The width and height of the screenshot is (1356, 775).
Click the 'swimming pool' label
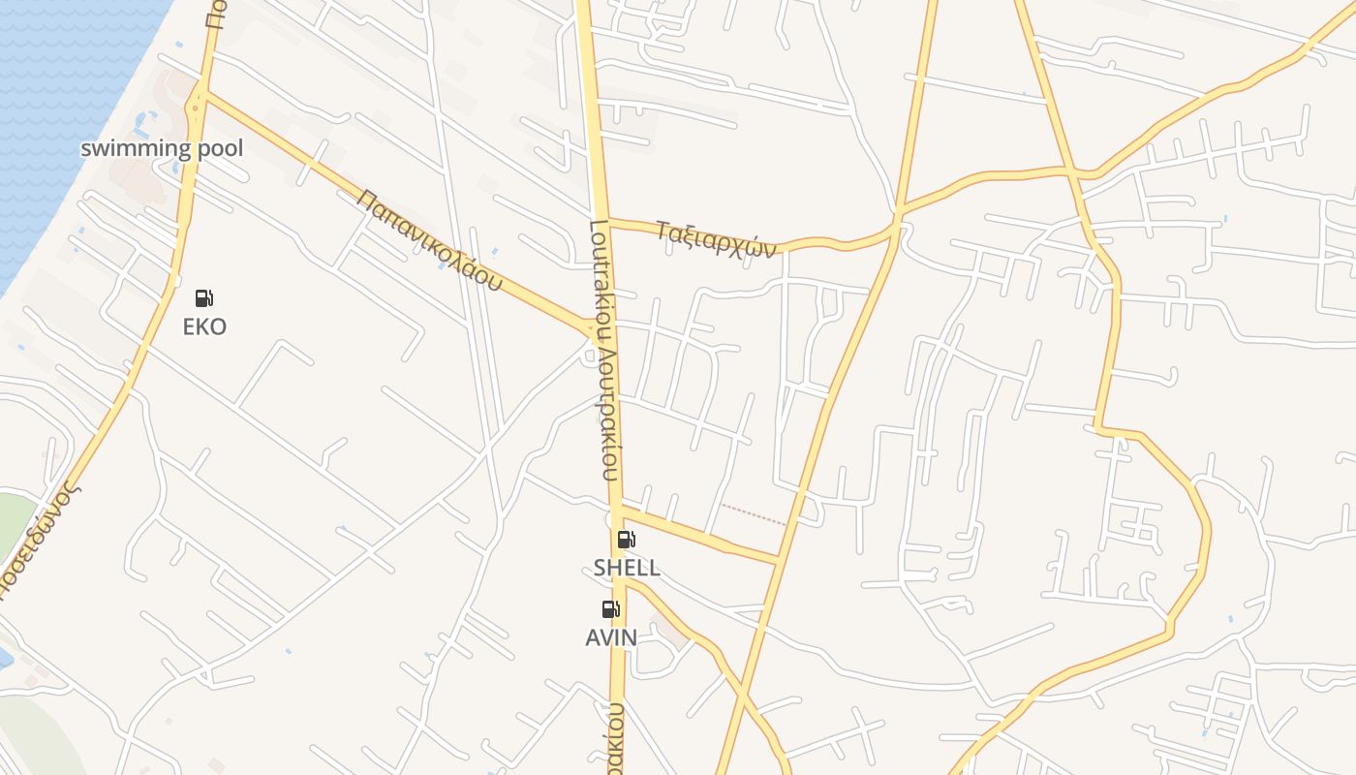[162, 148]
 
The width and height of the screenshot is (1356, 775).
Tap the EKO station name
[204, 326]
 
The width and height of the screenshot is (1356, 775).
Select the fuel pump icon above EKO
[204, 298]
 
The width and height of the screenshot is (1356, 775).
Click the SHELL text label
[627, 568]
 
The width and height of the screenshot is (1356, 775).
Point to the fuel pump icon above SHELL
[627, 540]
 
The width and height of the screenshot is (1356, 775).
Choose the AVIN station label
[611, 637]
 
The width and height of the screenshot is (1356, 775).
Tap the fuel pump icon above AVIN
[611, 609]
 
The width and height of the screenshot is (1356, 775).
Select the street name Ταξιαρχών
[716, 238]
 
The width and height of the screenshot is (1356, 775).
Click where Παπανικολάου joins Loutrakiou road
[593, 332]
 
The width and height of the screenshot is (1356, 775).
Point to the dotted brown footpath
[754, 514]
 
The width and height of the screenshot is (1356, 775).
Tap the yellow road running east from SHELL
[702, 534]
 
